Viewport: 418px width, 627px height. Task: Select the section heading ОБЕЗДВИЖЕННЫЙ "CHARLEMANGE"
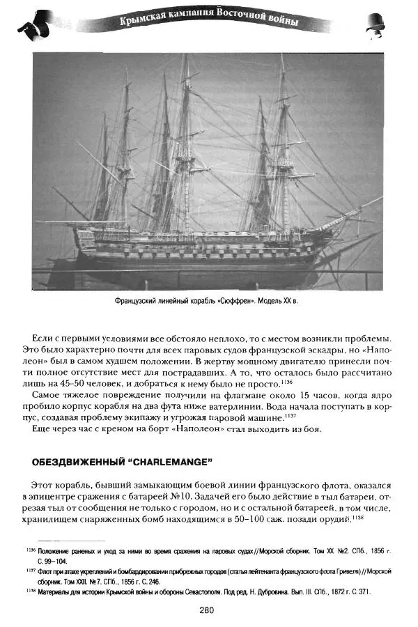pos(122,461)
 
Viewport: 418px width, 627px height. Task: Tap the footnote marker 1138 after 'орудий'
pos(359,518)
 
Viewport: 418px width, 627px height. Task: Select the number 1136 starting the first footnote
pos(24,550)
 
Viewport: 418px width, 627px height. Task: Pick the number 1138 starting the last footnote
pos(24,590)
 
